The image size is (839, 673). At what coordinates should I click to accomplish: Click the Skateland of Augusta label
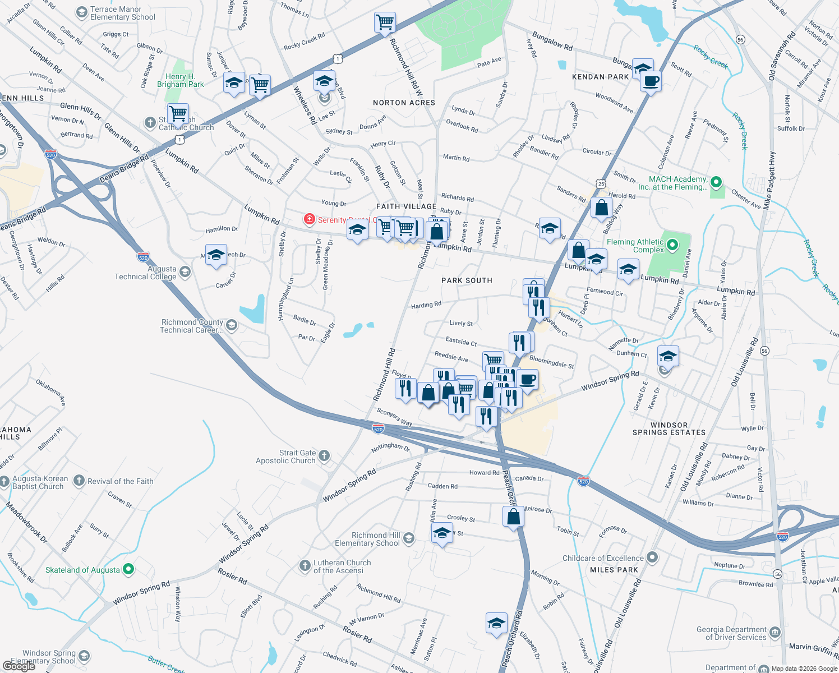tap(82, 570)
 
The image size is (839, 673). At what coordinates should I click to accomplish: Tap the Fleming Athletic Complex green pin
tap(672, 245)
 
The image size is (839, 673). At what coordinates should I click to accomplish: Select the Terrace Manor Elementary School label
tap(123, 13)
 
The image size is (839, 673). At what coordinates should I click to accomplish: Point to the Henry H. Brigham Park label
tap(181, 81)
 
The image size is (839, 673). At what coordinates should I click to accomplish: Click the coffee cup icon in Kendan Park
tap(651, 81)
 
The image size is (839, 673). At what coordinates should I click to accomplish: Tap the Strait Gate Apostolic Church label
tap(286, 457)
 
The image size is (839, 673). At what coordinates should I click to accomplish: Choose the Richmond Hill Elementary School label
tap(367, 539)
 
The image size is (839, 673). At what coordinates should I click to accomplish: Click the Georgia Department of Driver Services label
tap(731, 633)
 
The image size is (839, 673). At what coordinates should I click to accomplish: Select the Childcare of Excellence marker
tap(652, 557)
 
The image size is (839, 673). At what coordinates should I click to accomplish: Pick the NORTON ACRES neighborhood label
tap(404, 103)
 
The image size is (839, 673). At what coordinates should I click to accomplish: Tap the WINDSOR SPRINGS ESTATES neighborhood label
tap(669, 429)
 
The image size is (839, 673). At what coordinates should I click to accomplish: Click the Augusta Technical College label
tap(145, 273)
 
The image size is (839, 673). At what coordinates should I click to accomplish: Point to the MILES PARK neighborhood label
tap(614, 570)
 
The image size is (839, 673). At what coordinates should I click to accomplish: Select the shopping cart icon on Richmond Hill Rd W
tap(385, 22)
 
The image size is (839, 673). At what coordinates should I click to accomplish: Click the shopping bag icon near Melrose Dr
tap(513, 517)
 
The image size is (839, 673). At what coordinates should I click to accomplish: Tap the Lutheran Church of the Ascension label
tap(342, 566)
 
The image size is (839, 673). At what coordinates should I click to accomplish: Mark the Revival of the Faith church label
tap(120, 481)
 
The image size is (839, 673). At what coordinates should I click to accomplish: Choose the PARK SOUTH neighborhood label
tap(467, 280)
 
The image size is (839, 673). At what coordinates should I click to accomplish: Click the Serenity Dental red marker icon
tap(308, 219)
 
